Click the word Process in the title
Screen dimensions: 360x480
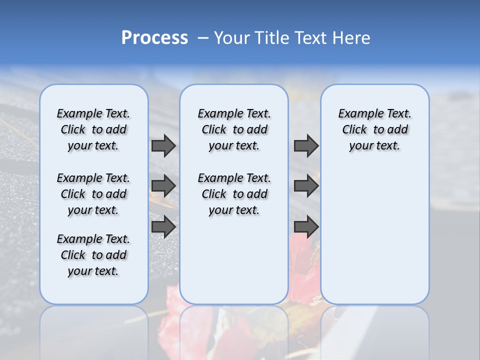click(x=154, y=38)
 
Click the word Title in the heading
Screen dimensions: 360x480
click(x=271, y=38)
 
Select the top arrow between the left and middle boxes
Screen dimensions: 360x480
click(x=163, y=145)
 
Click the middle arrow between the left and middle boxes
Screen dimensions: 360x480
click(x=163, y=186)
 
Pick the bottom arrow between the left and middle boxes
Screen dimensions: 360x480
click(x=163, y=226)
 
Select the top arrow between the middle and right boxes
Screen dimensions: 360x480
click(x=306, y=145)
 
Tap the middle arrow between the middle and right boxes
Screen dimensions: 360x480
click(x=306, y=186)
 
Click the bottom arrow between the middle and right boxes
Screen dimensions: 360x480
click(x=306, y=226)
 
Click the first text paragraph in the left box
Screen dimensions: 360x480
click(x=93, y=129)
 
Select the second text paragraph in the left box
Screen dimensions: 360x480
click(x=93, y=194)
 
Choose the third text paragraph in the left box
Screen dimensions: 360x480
click(x=93, y=255)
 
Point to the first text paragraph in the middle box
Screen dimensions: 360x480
click(x=234, y=129)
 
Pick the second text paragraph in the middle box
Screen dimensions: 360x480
click(x=234, y=194)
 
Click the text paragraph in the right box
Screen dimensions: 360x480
click(x=374, y=129)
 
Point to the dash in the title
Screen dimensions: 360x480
click(x=203, y=38)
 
